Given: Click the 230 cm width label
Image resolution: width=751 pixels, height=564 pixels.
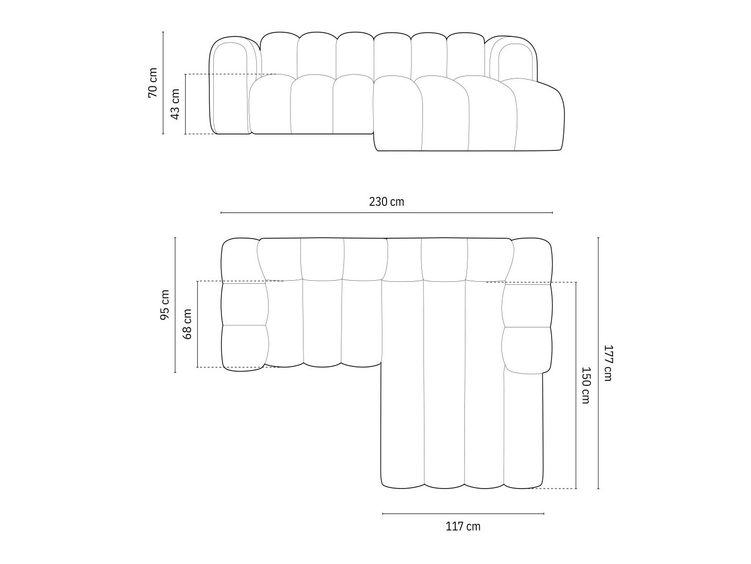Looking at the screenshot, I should click(387, 202).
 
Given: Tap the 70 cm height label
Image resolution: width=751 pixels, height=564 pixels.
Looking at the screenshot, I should click(153, 83).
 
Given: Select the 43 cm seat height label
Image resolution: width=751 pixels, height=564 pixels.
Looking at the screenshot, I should click(175, 104).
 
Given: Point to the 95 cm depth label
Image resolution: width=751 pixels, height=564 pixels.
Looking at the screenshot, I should click(165, 305).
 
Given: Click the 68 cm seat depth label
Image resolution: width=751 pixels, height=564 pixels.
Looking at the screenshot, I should click(187, 324).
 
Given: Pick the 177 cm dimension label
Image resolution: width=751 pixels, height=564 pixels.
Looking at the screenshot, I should click(608, 362).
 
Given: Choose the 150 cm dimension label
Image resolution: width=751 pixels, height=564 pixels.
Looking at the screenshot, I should click(585, 385).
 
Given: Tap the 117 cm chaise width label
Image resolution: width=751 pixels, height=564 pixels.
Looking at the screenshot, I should click(463, 526).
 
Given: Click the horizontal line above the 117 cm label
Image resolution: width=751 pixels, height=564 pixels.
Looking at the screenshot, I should click(463, 513).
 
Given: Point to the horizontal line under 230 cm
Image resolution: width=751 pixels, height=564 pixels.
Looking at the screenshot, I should click(387, 212).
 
